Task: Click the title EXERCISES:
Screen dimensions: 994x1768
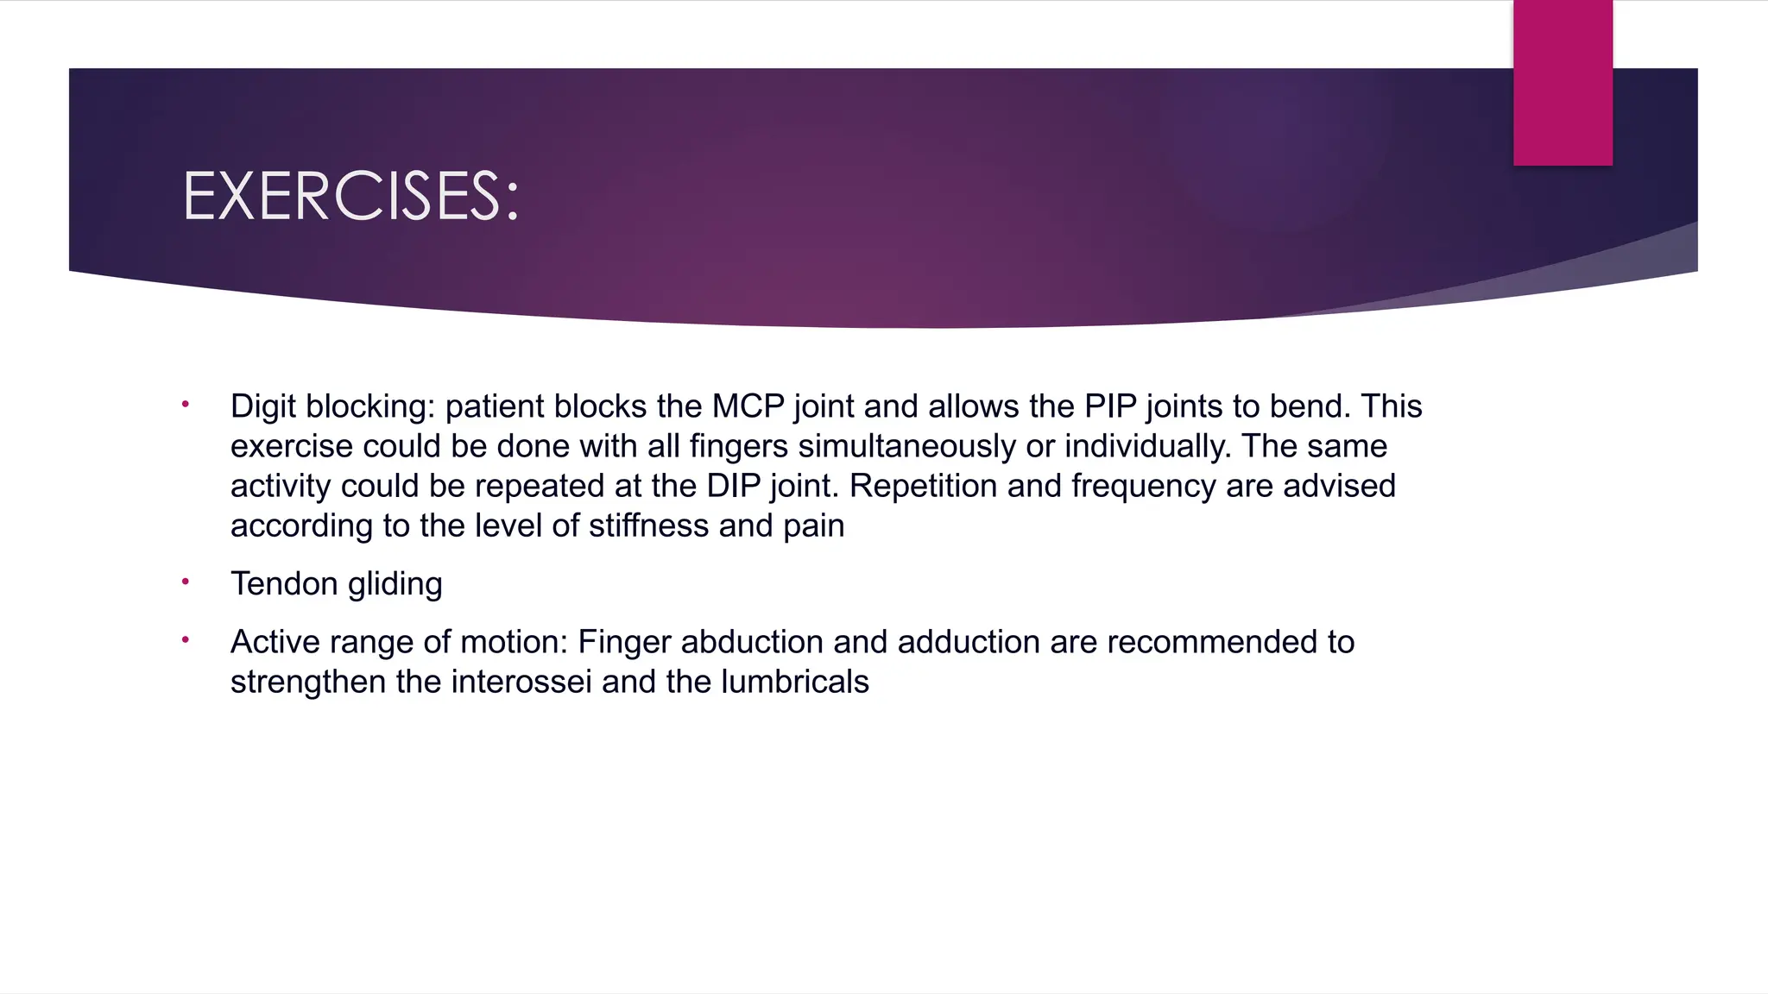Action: pyautogui.click(x=350, y=197)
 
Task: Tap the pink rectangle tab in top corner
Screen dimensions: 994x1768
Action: pyautogui.click(x=1563, y=83)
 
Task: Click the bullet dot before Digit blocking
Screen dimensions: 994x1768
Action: pyautogui.click(x=186, y=404)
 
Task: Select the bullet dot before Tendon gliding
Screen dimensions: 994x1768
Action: pyautogui.click(x=186, y=582)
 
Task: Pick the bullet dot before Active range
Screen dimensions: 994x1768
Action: pyautogui.click(x=186, y=639)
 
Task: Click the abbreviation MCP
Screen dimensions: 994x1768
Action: pyautogui.click(x=748, y=406)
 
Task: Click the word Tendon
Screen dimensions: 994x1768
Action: pyautogui.click(x=284, y=584)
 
